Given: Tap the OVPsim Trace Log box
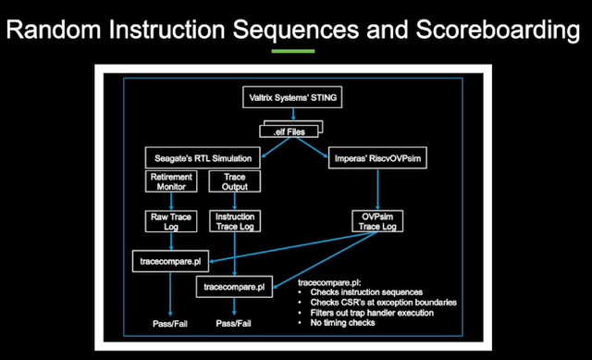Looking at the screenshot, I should [379, 222].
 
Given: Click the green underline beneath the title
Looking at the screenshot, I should [295, 52].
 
